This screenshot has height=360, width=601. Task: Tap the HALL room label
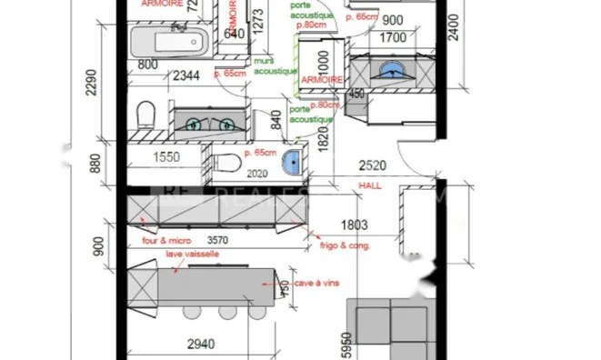(371, 185)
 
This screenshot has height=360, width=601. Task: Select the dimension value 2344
(187, 75)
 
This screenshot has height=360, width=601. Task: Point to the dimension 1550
(165, 157)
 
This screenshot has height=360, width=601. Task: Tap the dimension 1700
(392, 38)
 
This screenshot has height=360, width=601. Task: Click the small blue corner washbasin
(293, 163)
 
